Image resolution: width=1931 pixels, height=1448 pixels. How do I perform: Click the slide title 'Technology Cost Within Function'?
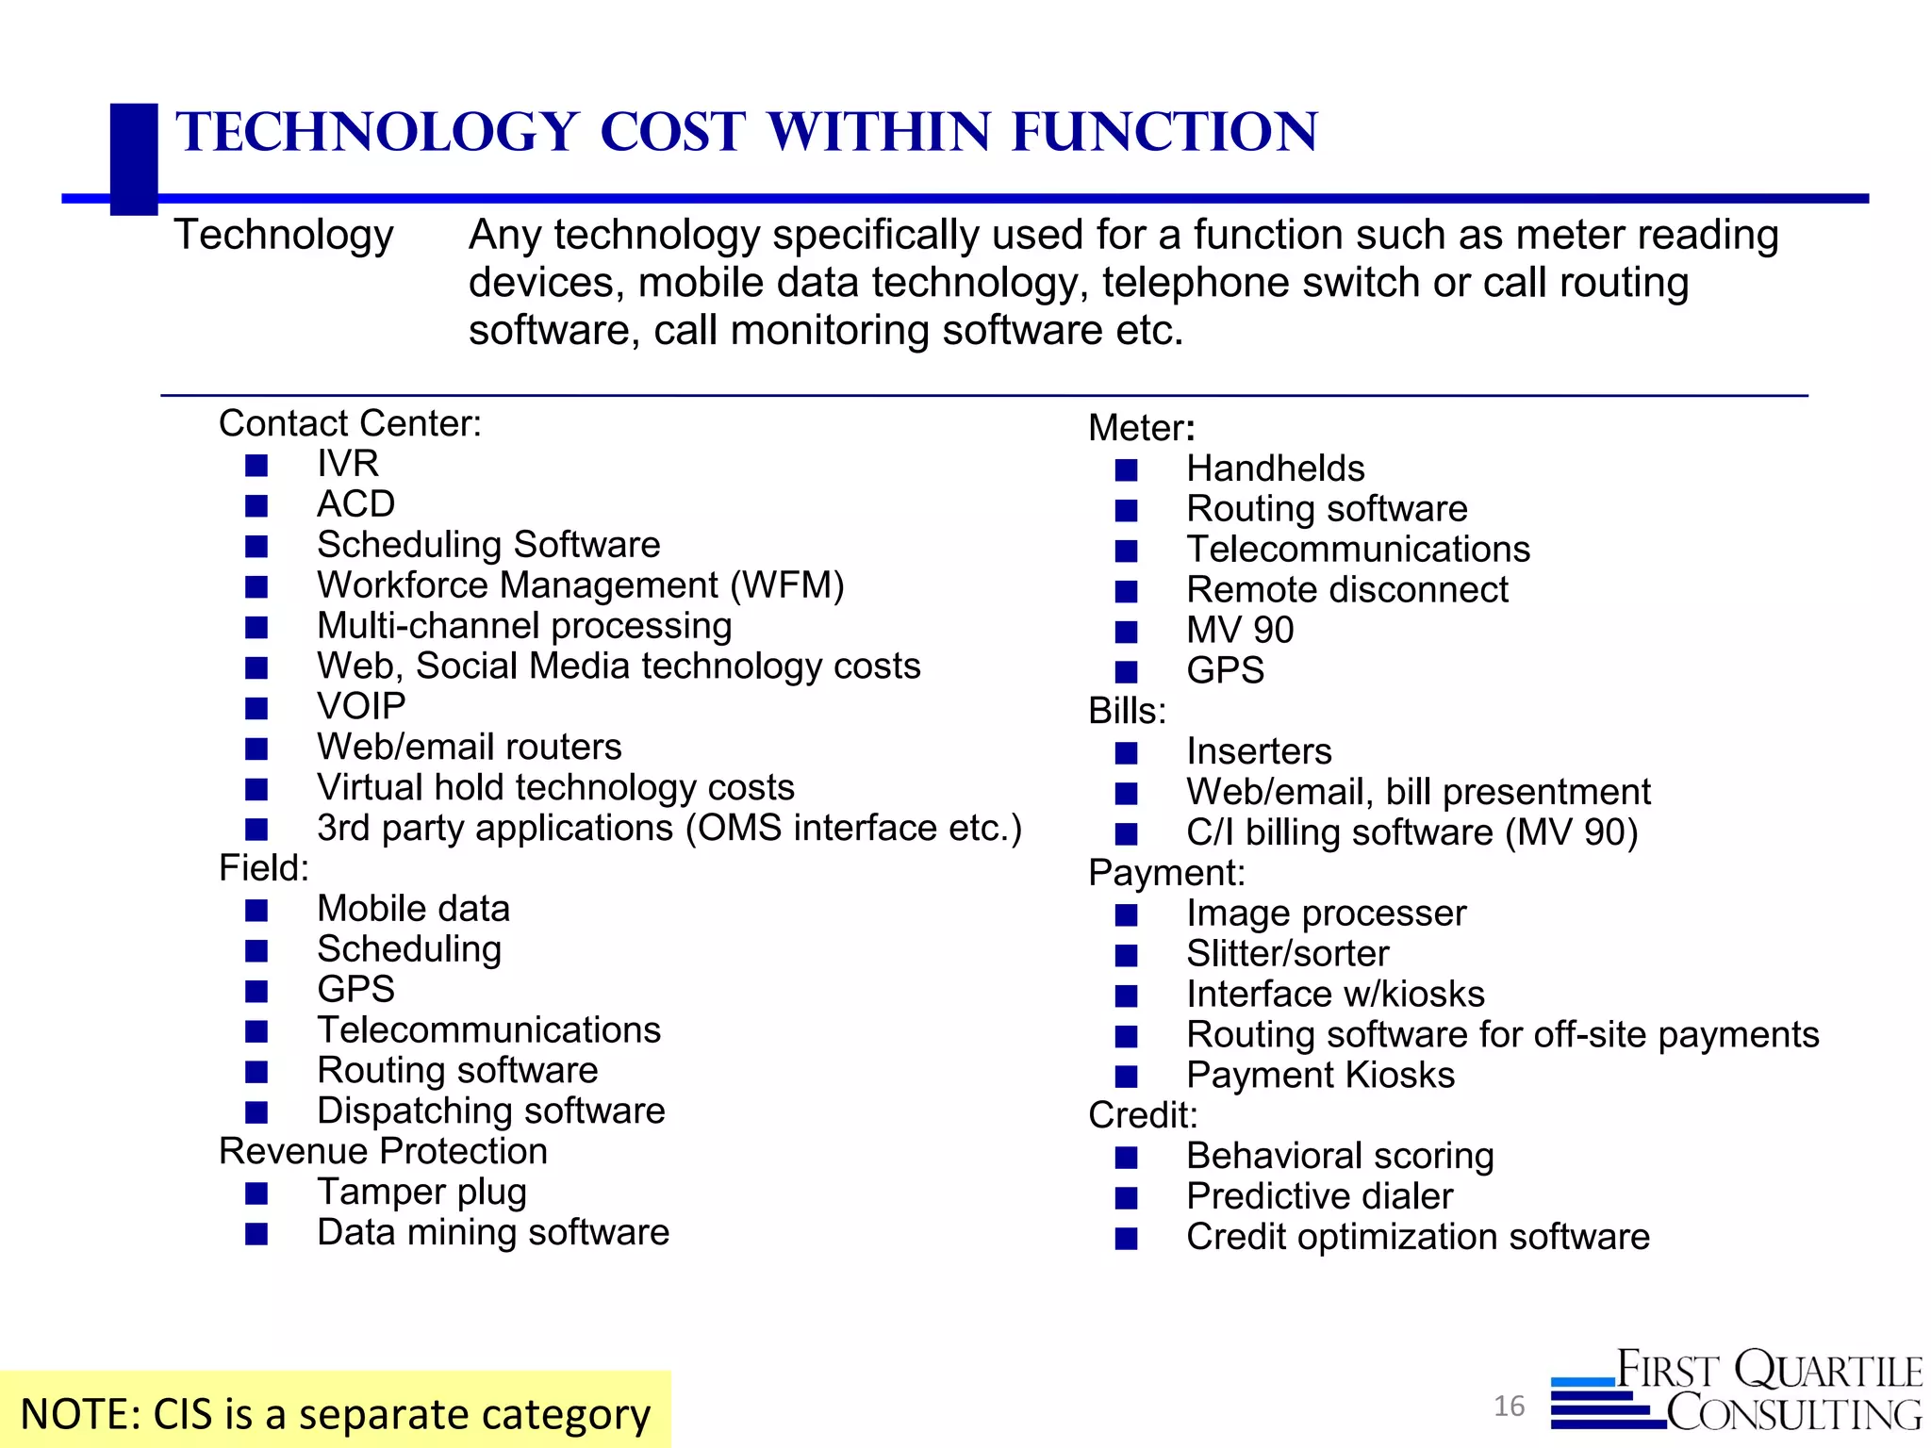tap(746, 131)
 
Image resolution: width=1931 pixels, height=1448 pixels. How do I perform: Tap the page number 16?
tap(1509, 1406)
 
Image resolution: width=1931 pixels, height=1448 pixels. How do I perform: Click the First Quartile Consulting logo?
tap(1736, 1390)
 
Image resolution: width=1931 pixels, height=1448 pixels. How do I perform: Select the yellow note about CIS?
tap(335, 1413)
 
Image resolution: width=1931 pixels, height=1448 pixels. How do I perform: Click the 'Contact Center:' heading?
tap(350, 423)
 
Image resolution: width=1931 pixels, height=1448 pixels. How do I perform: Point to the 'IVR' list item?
tap(348, 464)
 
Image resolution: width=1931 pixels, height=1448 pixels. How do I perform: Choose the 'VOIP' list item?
tap(361, 706)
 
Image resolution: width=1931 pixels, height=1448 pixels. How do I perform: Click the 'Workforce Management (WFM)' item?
tap(580, 585)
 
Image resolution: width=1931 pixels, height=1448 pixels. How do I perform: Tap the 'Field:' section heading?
tap(264, 868)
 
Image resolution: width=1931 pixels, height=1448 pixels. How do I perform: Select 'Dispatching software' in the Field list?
tap(490, 1111)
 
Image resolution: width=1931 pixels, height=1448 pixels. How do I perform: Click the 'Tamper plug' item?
tap(421, 1193)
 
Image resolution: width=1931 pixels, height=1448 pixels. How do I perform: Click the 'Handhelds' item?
tap(1275, 469)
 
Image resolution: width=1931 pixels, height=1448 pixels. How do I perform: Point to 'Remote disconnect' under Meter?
tap(1346, 590)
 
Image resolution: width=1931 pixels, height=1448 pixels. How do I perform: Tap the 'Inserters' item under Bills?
tap(1259, 751)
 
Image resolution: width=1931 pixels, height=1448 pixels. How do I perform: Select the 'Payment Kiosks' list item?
tap(1320, 1076)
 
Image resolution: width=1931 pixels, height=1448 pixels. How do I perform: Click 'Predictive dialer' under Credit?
tap(1319, 1196)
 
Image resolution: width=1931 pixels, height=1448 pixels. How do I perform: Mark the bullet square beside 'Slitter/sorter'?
tap(1126, 956)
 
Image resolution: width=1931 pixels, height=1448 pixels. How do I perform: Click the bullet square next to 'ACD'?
tap(256, 506)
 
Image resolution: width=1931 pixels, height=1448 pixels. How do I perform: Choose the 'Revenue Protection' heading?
tap(383, 1151)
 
